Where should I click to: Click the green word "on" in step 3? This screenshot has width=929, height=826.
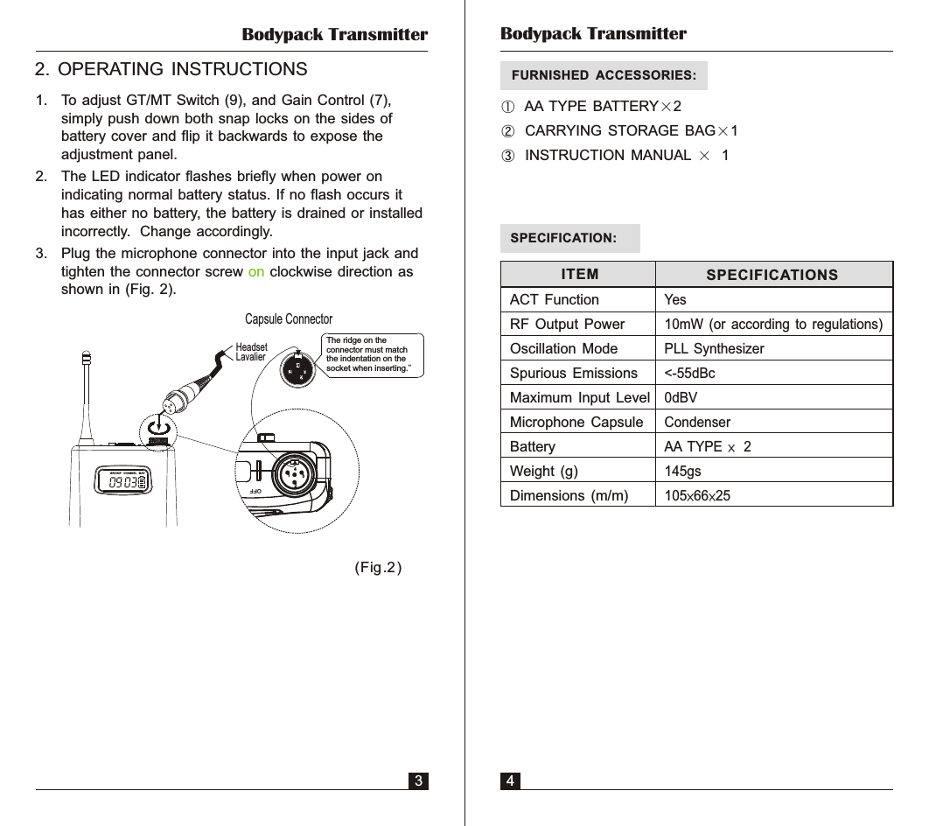click(x=256, y=271)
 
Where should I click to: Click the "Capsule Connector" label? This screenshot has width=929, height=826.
click(x=289, y=319)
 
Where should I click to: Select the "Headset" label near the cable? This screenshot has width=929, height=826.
click(x=251, y=347)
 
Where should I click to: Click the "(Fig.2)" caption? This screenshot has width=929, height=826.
click(x=379, y=568)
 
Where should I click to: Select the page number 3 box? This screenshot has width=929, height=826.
click(x=420, y=780)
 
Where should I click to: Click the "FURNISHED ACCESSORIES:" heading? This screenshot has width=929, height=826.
click(x=604, y=76)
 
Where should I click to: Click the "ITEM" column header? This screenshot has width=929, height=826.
click(x=579, y=275)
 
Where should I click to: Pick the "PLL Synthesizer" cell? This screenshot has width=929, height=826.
click(x=714, y=349)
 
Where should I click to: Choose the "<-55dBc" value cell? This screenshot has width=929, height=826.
click(x=689, y=374)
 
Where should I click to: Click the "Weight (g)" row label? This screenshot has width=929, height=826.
click(x=543, y=472)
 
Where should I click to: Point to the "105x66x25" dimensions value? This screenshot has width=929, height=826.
click(x=697, y=496)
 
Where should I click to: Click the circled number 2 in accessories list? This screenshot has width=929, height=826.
click(x=508, y=131)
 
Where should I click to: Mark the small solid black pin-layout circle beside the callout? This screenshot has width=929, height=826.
click(x=297, y=367)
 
